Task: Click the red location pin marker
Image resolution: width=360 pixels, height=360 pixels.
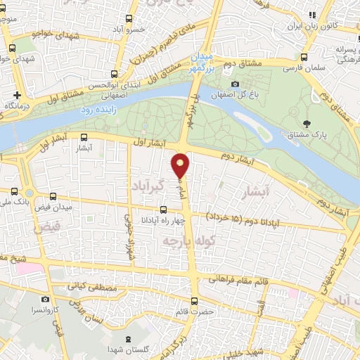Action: click(181, 165)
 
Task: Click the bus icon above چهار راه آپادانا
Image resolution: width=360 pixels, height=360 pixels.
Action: click(163, 209)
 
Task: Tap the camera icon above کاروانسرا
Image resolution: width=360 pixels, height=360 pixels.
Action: click(46, 299)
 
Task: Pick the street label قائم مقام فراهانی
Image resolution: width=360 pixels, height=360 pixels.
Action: click(242, 283)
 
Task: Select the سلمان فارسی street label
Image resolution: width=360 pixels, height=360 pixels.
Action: click(302, 69)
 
